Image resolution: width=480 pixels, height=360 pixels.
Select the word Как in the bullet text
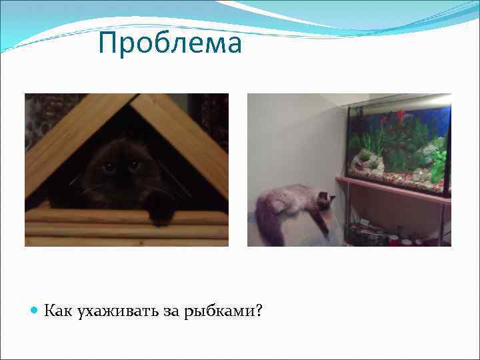[x=58, y=311]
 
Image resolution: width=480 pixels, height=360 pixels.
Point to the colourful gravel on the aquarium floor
[x=400, y=177]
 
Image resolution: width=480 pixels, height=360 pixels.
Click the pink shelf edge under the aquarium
[x=393, y=189]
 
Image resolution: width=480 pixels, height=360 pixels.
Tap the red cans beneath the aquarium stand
[x=403, y=239]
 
